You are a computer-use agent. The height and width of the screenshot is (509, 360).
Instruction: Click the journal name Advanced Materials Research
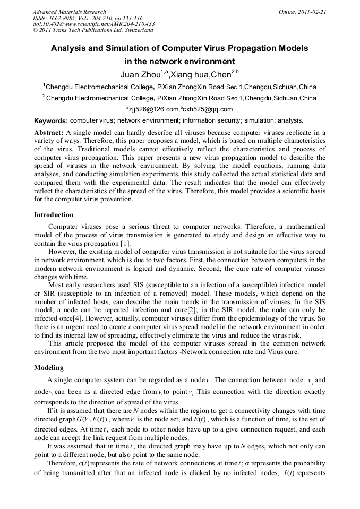[x=69, y=12]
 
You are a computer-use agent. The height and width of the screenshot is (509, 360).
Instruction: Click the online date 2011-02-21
[x=313, y=12]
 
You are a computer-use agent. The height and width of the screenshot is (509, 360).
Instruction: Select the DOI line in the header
[x=93, y=24]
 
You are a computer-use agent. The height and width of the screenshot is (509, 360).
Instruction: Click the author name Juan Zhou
[x=138, y=74]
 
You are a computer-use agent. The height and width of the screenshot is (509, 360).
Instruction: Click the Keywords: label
[x=50, y=121]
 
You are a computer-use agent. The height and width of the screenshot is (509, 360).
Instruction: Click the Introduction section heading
[x=54, y=215]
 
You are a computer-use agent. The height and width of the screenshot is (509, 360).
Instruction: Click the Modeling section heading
[x=49, y=367]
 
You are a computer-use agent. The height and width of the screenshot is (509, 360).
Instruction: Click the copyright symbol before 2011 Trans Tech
[x=35, y=31]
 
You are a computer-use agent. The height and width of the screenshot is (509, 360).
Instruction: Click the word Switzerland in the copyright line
[x=137, y=31]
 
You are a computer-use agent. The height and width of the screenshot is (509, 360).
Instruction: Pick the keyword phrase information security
[x=208, y=120]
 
